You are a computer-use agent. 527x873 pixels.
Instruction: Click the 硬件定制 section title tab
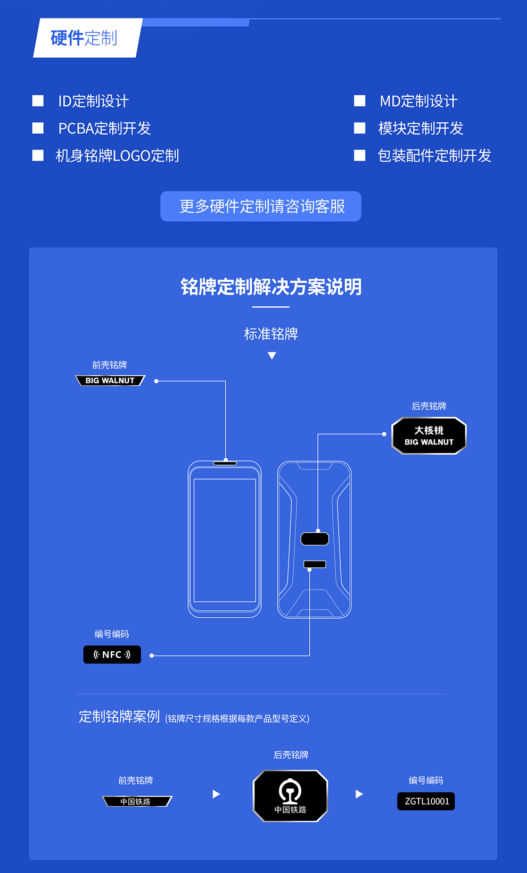point(85,38)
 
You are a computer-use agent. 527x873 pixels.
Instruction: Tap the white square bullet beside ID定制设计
point(38,101)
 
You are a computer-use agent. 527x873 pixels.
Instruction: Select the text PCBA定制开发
point(104,128)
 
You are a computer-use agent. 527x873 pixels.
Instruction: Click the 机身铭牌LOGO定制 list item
point(117,156)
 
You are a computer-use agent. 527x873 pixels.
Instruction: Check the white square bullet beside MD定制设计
point(360,101)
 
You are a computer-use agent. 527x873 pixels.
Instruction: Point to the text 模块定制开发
point(421,128)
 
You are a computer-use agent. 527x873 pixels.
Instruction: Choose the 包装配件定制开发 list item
point(434,156)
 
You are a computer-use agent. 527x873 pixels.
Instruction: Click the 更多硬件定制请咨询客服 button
point(261,206)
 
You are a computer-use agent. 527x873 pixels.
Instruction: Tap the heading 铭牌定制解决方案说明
point(271,287)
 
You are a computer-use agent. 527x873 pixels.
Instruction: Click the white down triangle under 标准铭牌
point(272,356)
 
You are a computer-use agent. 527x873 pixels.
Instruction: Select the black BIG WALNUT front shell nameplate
point(110,381)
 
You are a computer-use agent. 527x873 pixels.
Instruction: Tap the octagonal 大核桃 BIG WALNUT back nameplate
point(429,436)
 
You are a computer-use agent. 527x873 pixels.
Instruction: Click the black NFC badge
point(112,654)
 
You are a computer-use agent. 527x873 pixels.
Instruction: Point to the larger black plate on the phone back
point(315,539)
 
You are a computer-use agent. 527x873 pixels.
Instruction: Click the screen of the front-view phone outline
point(225,540)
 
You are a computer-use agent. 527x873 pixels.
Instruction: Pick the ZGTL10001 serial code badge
point(426,801)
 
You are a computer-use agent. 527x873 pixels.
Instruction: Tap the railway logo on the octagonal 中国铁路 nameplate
point(290,791)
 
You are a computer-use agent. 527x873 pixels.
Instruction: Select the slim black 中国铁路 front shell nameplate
point(137,801)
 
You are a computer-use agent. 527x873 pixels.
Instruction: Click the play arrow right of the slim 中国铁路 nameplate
point(216,794)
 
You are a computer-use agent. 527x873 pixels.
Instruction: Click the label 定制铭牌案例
point(119,717)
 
